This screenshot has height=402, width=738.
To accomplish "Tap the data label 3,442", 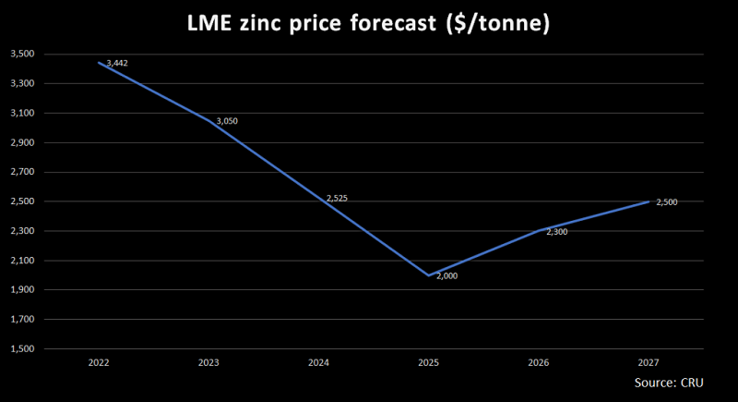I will [x=116, y=63].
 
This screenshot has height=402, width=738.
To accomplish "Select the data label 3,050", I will [x=227, y=121].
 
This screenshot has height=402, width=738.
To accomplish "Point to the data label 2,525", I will [x=337, y=198].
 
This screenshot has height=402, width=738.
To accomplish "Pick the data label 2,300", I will [x=557, y=232].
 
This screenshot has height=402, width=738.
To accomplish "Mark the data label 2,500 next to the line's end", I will [x=666, y=201].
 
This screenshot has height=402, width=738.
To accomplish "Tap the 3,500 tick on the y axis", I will [x=22, y=55].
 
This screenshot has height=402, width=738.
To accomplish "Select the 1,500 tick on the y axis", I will [x=22, y=349].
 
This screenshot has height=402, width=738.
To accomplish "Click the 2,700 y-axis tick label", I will [x=22, y=173].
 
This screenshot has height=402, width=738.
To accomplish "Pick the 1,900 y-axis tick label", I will [x=22, y=290].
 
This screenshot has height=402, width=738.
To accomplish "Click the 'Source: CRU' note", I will [x=670, y=383].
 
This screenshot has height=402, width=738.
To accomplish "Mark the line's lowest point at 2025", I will [x=429, y=275].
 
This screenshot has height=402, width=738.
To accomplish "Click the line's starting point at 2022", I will [x=99, y=63].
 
